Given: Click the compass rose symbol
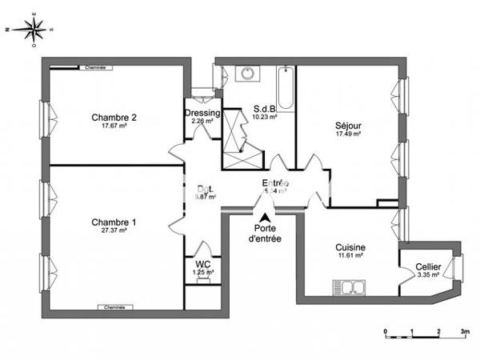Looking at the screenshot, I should click(x=31, y=29).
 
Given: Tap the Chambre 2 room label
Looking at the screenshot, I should click(x=114, y=118).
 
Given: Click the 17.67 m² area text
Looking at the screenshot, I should click(x=114, y=126).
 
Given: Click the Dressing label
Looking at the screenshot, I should click(x=202, y=114).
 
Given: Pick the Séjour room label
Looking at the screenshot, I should click(x=348, y=126).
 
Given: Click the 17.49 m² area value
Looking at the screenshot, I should click(x=348, y=135).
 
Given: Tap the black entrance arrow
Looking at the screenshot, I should click(x=264, y=216).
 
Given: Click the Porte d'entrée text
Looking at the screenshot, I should click(x=264, y=233).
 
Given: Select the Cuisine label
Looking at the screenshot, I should click(x=350, y=248).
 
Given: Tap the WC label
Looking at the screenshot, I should click(x=202, y=265).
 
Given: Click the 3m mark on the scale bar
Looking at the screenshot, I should click(x=465, y=330).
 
